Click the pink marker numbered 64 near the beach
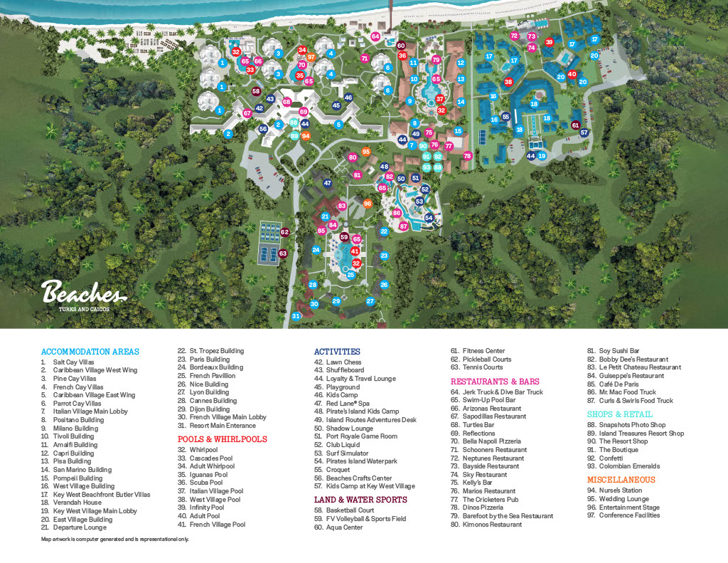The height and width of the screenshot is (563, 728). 375,36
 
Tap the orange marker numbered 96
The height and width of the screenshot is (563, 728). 368,204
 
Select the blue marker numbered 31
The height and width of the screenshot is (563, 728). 296,316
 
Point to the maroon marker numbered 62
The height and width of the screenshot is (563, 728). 284,232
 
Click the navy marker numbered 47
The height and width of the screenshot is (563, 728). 328,183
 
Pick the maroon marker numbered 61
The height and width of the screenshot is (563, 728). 576,125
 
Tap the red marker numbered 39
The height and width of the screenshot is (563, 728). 549,43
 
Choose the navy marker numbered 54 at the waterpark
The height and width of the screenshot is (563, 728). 429,218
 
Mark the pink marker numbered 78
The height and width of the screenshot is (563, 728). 467,156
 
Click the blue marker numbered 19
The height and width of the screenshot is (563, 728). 542,156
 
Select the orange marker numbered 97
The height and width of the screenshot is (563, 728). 311,57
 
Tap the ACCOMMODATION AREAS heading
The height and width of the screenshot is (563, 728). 90,352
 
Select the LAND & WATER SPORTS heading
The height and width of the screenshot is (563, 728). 360,500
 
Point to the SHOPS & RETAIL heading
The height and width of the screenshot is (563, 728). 619,414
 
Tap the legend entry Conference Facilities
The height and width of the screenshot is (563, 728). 629,515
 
